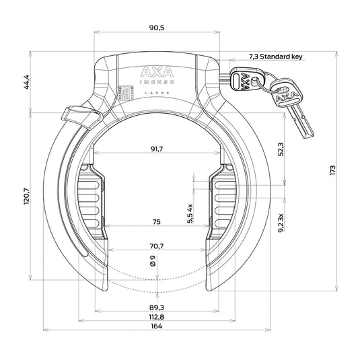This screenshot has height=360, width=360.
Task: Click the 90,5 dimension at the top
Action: coord(156,27)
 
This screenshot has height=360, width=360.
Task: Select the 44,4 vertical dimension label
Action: coord(27,81)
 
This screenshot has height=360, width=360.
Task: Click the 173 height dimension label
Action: coord(334,171)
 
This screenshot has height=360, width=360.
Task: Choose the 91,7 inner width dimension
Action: coord(156,149)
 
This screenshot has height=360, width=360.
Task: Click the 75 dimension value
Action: coord(156,223)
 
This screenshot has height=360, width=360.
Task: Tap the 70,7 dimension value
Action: coord(156,247)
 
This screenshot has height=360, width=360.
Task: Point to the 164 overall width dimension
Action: coord(156,326)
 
